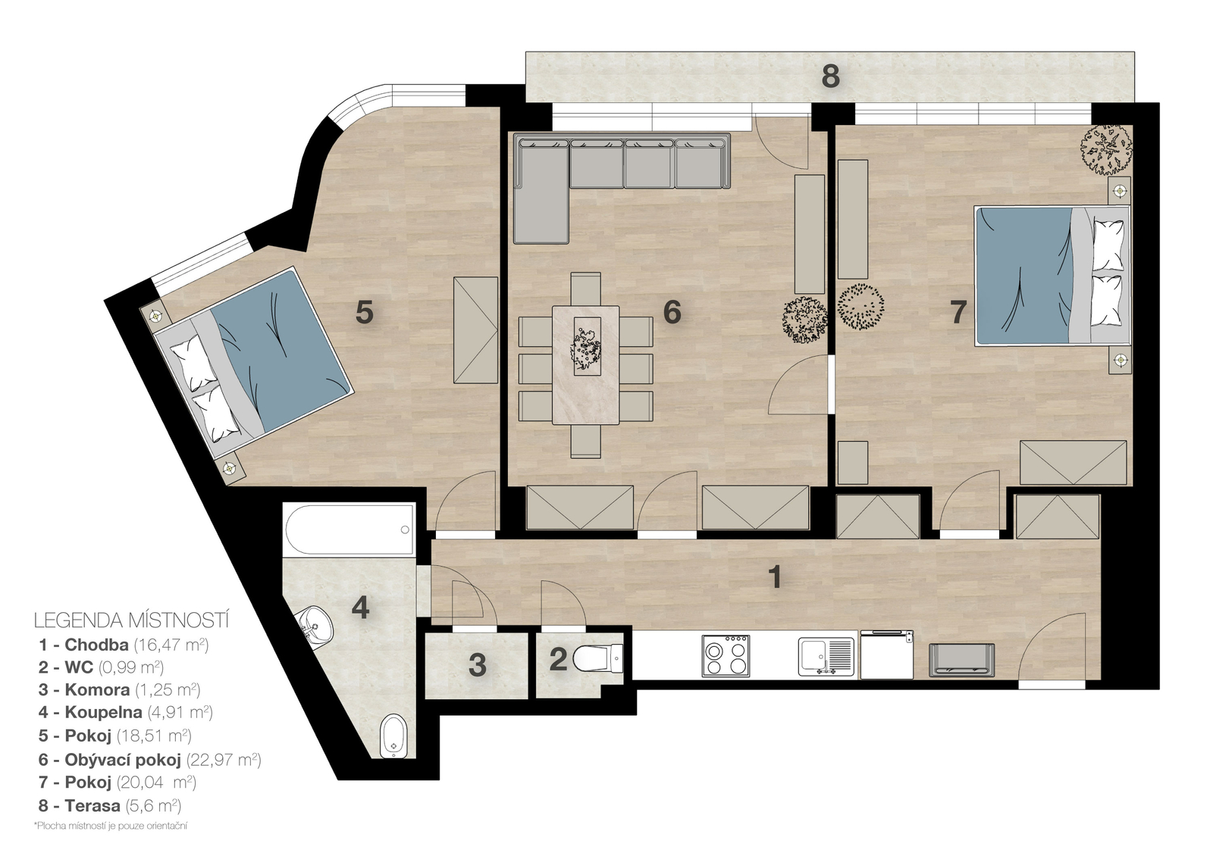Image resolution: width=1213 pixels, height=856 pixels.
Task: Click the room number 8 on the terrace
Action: [x=830, y=77]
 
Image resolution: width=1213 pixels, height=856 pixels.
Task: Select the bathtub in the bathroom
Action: [x=349, y=530]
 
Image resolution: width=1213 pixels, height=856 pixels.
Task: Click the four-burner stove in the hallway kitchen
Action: [x=726, y=656]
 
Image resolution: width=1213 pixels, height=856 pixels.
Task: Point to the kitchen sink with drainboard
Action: [x=826, y=656]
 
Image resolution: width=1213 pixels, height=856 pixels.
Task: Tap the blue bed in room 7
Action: [x=1052, y=276]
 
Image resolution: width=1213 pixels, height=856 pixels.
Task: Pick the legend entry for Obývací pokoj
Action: [x=149, y=761]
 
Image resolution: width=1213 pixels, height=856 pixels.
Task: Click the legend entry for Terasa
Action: [x=109, y=806]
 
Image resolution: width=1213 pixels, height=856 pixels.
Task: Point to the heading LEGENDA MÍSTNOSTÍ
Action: [x=132, y=620]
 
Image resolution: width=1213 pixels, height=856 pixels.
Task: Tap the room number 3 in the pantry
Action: [x=477, y=666]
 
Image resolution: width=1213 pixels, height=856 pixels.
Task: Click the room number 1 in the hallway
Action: [x=776, y=577]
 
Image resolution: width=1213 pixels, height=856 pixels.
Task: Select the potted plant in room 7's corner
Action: [x=1106, y=149]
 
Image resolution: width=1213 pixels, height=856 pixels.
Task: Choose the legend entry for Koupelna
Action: [x=125, y=712]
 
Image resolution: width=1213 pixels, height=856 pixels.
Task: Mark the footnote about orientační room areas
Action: [x=111, y=826]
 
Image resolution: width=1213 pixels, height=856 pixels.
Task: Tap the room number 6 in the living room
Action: [x=672, y=312]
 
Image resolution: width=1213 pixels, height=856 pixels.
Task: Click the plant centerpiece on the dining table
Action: [x=586, y=345]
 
